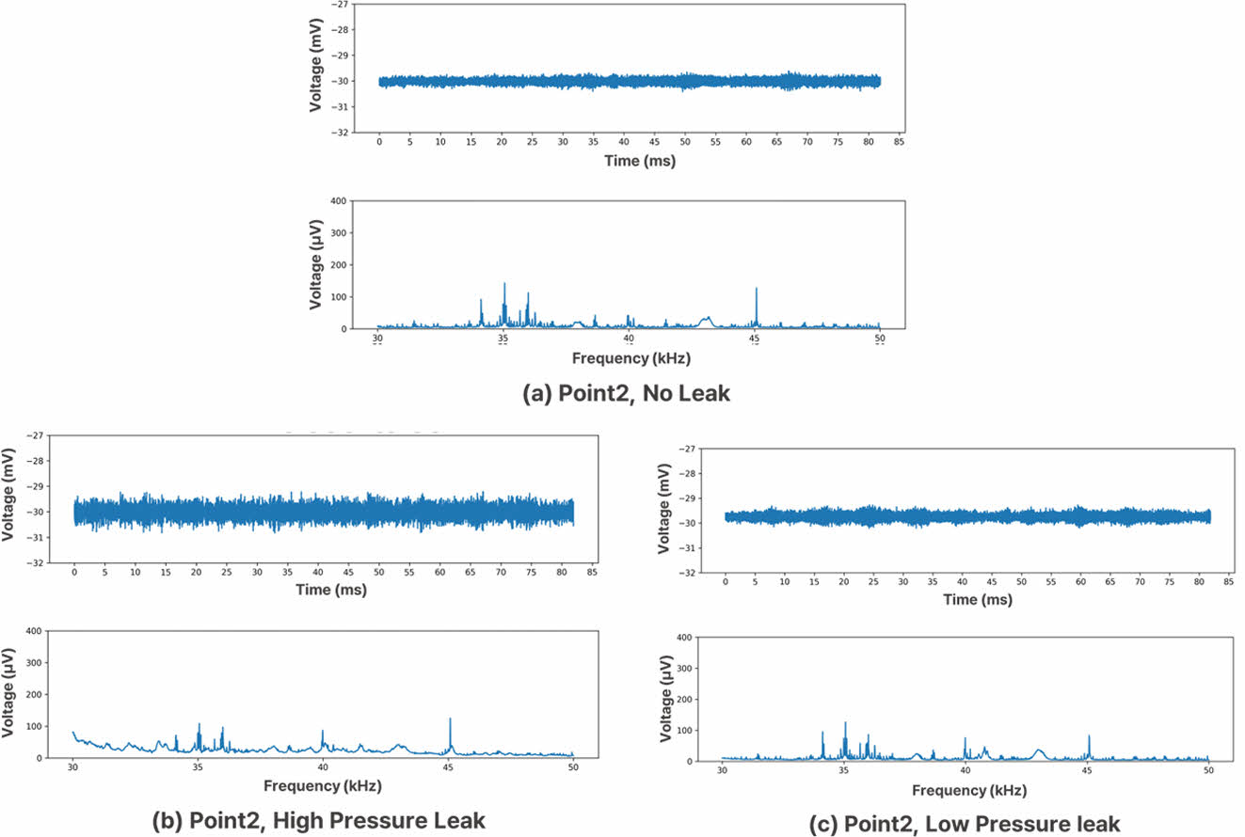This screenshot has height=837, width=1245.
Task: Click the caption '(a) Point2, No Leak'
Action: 626,394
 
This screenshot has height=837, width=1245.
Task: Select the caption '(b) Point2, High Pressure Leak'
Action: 319,820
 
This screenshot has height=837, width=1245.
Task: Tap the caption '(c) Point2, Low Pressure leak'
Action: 965,825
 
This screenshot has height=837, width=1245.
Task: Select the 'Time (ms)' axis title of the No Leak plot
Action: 640,161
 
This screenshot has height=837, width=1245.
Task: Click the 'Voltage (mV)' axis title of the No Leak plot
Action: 316,68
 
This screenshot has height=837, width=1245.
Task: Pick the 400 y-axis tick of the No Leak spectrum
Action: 337,201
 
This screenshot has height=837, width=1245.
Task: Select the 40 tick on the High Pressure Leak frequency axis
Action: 323,767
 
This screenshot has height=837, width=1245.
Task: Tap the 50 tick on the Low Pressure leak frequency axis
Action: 1208,771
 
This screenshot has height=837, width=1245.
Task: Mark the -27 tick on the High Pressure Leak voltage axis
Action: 35,435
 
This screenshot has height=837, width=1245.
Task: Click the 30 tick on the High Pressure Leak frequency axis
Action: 73,767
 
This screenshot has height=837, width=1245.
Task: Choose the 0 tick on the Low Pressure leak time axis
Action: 726,582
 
